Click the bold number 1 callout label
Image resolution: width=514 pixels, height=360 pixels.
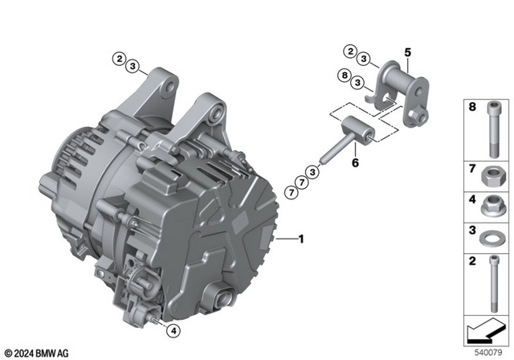301,239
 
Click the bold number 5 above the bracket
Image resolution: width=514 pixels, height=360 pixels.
407,53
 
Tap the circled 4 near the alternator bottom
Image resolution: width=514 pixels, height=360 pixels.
173,329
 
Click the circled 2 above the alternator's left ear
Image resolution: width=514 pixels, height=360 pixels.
118,59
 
